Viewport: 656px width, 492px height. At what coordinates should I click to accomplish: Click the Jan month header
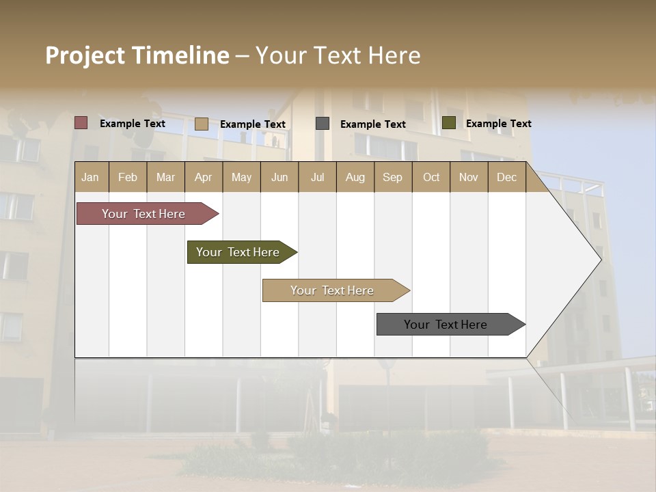[x=90, y=177]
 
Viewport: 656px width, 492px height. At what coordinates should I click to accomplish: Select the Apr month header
[x=203, y=177]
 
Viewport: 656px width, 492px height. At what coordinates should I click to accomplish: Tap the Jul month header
[x=317, y=177]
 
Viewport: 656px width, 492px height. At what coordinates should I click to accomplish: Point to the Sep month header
[x=392, y=177]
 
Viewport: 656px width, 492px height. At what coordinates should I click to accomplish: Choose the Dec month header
[x=506, y=177]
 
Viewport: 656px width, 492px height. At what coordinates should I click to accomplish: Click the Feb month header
[x=128, y=177]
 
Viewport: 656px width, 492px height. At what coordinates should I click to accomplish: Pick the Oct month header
[x=431, y=177]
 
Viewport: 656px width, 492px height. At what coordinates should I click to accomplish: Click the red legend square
[x=81, y=123]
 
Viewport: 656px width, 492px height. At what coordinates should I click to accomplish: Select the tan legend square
[x=202, y=124]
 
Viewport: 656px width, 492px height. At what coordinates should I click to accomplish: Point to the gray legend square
[x=323, y=124]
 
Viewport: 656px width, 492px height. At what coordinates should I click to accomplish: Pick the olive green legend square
[x=449, y=123]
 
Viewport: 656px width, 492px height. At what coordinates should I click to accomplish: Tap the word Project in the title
[x=84, y=55]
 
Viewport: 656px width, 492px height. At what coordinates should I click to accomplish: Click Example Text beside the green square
[x=498, y=124]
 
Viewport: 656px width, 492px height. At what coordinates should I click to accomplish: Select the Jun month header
[x=279, y=177]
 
